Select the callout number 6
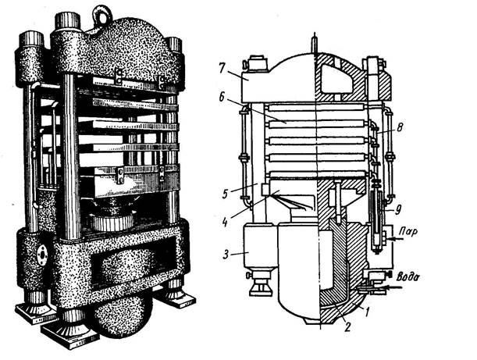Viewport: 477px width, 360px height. click(x=222, y=98)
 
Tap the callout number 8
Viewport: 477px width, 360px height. click(x=400, y=127)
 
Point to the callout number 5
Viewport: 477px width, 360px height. click(x=225, y=194)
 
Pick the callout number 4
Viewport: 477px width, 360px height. click(x=226, y=221)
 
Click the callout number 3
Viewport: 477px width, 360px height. click(x=226, y=255)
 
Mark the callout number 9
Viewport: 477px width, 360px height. click(x=399, y=209)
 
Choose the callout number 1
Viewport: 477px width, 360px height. click(x=367, y=312)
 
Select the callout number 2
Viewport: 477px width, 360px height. click(x=347, y=326)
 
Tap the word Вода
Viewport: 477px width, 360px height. click(x=408, y=276)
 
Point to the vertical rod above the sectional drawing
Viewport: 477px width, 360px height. click(x=315, y=44)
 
